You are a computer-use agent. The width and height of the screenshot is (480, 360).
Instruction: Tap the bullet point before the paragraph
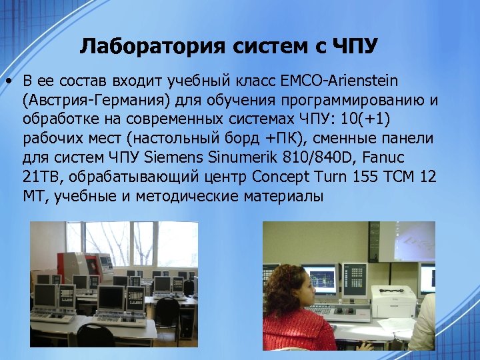coord(9,82)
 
